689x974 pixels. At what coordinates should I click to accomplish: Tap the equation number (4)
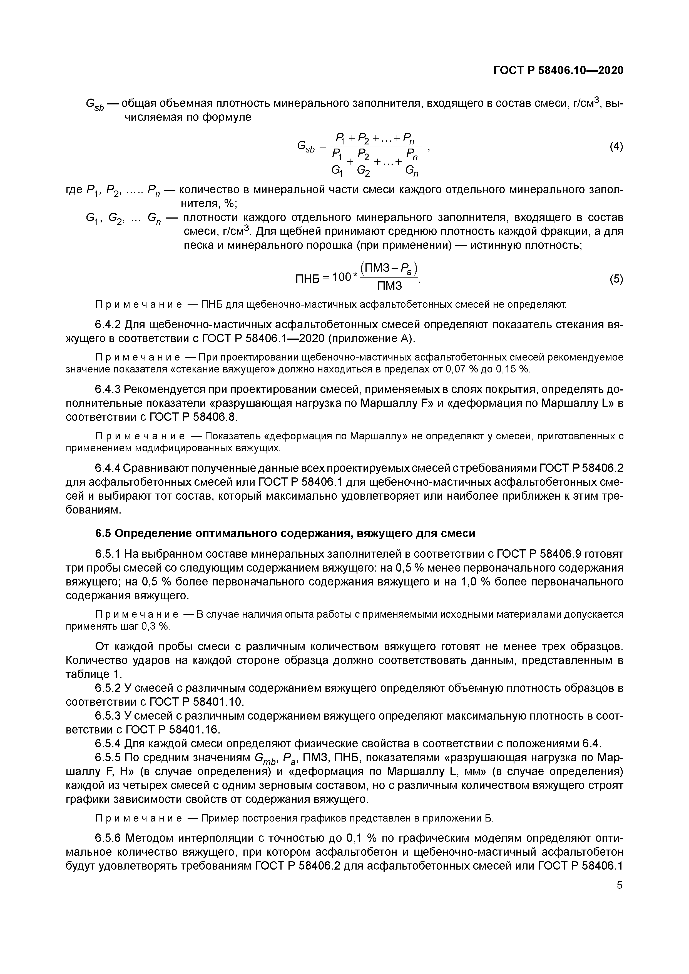(616, 147)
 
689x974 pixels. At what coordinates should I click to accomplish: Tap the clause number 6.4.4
(108, 468)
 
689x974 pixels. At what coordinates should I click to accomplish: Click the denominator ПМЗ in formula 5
(389, 286)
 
